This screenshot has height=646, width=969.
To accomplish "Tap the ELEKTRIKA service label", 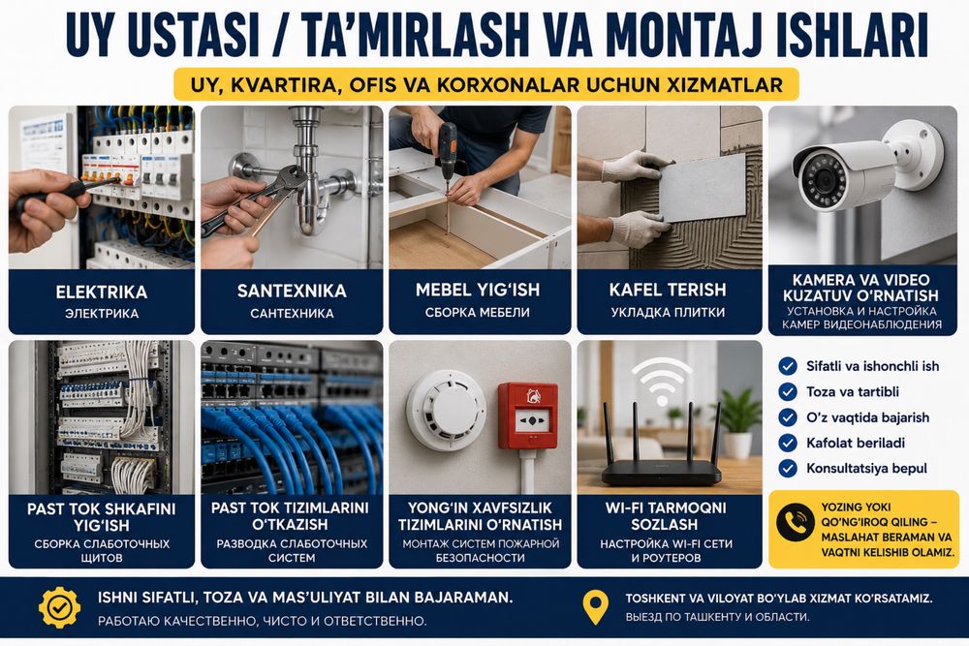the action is coord(102,292).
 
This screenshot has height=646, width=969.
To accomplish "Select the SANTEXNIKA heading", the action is coord(292,291).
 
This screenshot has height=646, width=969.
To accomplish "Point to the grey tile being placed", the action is coord(703,187).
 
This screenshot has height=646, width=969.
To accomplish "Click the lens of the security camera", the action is coord(822,179).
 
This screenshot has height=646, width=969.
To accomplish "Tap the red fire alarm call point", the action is coord(528,415).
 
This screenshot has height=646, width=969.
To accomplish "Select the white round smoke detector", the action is coord(446,410).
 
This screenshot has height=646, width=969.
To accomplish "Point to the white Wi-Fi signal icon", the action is coord(662,381).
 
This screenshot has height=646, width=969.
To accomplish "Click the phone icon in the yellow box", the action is coord(796,522).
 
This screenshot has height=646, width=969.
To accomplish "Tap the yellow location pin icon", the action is coord(596,606).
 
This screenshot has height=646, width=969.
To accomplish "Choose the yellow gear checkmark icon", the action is coord(59,607).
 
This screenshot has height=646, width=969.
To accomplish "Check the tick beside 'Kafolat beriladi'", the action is coord(787,443).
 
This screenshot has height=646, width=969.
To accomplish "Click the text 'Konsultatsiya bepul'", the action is coord(866,468).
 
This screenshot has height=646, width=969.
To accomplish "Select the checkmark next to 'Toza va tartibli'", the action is coord(787,391).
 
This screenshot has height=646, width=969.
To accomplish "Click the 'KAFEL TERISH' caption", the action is coord(668,290).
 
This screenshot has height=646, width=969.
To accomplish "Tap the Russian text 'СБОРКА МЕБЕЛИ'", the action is coord(477,313).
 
